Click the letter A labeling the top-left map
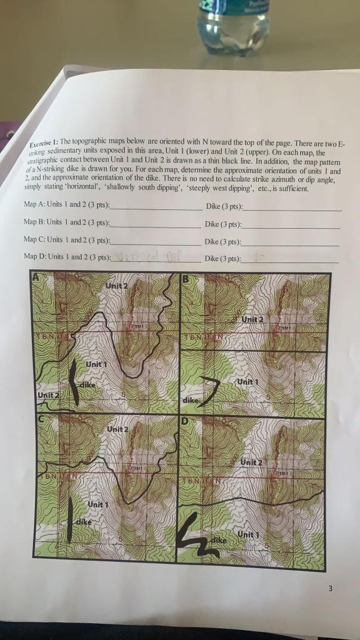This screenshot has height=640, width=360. [36, 277]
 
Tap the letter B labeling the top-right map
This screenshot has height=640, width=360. [185, 279]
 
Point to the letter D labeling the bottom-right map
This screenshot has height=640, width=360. [184, 421]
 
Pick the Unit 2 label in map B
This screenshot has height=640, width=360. [253, 319]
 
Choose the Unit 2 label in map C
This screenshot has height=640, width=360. [117, 429]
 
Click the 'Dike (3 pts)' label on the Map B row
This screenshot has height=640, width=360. [224, 224]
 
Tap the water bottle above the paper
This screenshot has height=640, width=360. [232, 25]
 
